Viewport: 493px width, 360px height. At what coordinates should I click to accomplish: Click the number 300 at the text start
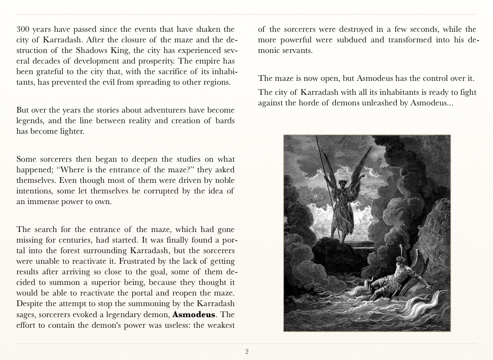tap(24, 29)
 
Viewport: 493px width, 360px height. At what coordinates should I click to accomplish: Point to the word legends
tap(30, 121)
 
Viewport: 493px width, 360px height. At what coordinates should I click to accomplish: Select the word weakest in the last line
tap(220, 326)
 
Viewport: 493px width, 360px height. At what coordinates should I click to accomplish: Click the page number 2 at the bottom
tap(246, 352)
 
